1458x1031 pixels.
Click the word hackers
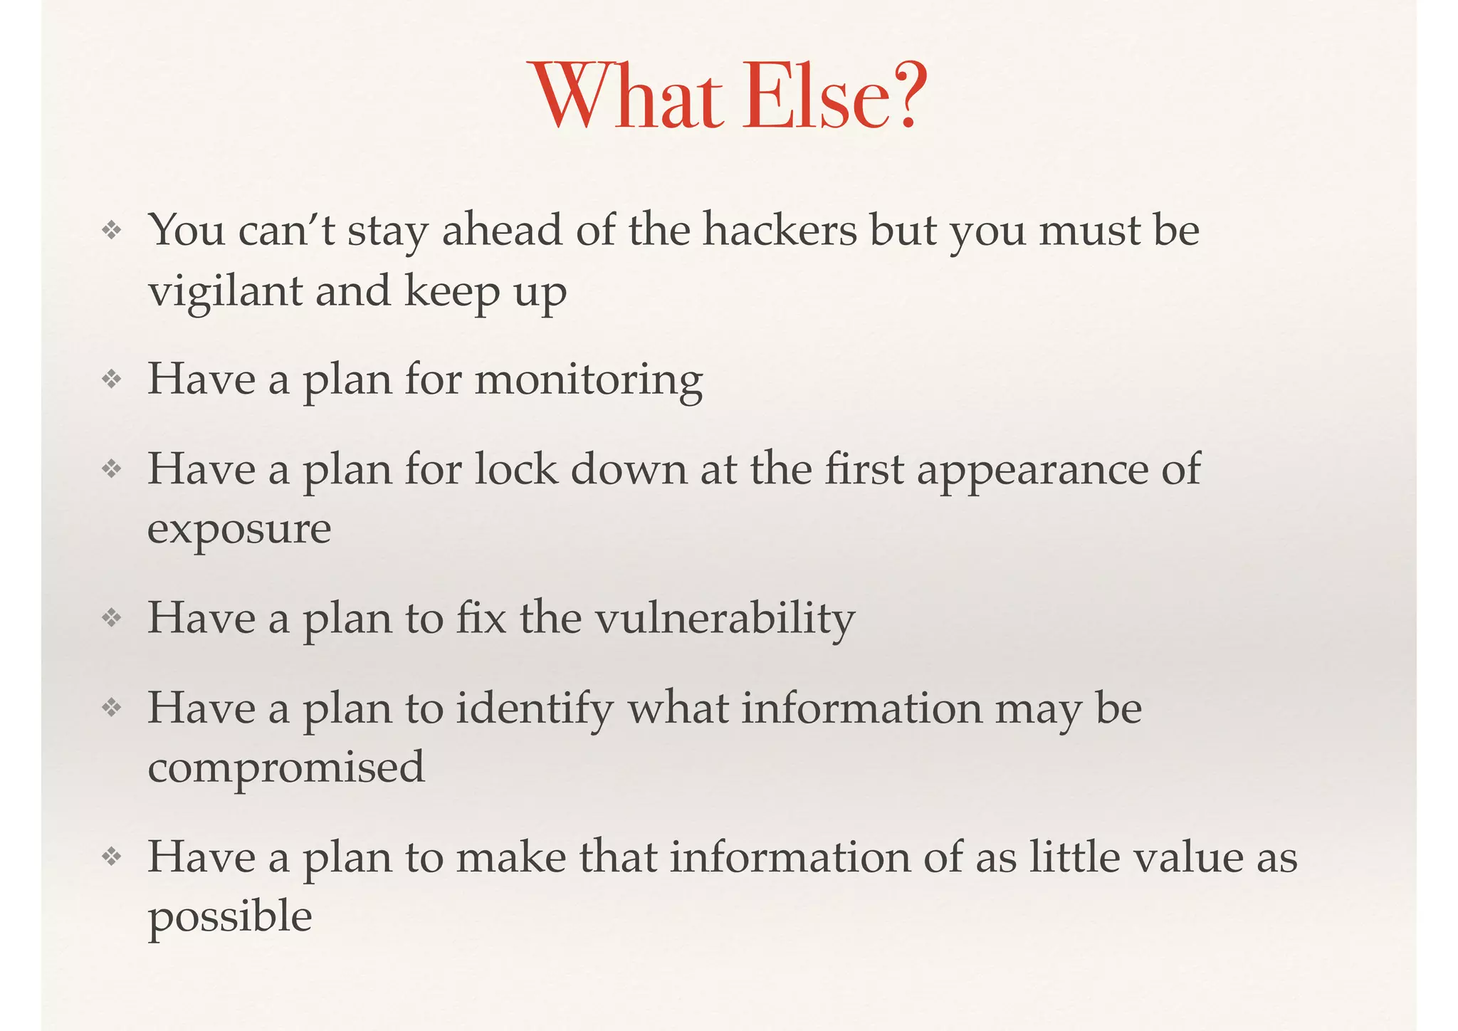pyautogui.click(x=780, y=231)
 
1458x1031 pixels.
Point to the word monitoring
pyautogui.click(x=588, y=380)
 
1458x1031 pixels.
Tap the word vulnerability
pyautogui.click(x=724, y=618)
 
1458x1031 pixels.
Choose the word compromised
pyautogui.click(x=286, y=768)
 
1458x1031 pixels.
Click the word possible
pyautogui.click(x=230, y=917)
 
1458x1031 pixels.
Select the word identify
pyautogui.click(x=534, y=709)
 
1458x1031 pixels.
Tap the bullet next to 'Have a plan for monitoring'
pyautogui.click(x=112, y=380)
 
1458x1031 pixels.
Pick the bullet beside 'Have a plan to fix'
pyautogui.click(x=112, y=617)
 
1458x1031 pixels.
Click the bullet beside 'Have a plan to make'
pyautogui.click(x=112, y=857)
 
